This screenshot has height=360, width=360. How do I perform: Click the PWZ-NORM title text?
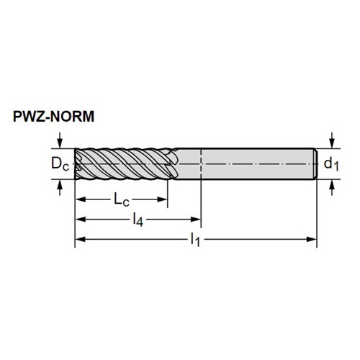click(x=53, y=117)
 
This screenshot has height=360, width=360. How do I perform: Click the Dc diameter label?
click(x=60, y=164)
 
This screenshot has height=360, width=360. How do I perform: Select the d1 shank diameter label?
click(x=331, y=164)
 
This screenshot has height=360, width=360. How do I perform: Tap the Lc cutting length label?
click(x=122, y=200)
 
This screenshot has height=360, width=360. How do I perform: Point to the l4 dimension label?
click(x=138, y=220)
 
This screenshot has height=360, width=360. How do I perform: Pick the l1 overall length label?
click(x=195, y=240)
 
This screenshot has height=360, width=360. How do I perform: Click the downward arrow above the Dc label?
click(x=60, y=140)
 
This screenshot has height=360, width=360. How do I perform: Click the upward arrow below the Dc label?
click(x=60, y=187)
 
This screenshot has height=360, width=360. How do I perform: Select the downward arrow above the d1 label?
click(x=332, y=140)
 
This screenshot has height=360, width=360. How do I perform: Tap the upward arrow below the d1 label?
click(x=332, y=187)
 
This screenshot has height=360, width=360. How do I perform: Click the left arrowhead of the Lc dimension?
click(x=81, y=199)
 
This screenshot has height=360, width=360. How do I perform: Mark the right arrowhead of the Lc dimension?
click(x=162, y=199)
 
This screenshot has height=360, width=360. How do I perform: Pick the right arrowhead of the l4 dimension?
click(x=195, y=220)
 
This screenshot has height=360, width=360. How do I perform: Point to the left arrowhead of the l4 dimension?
click(x=81, y=220)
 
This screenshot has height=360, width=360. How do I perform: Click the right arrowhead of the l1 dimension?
click(x=312, y=239)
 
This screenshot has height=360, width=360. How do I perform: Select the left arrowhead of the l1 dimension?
click(x=81, y=239)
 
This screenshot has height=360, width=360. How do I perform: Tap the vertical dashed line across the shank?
click(x=201, y=164)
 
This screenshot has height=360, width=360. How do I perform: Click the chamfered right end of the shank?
click(x=316, y=164)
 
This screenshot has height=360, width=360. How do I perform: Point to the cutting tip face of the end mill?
click(x=78, y=164)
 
